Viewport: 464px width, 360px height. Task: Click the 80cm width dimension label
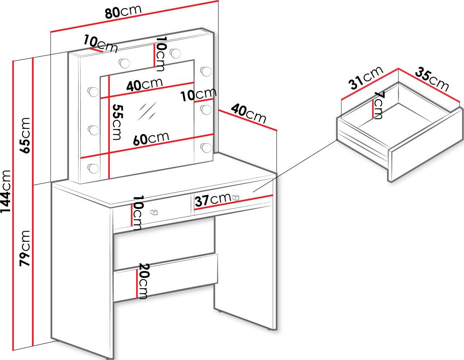[x=123, y=12]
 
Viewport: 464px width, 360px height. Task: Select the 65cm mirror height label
[x=26, y=135]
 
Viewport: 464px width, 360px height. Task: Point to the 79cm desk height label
[x=26, y=247]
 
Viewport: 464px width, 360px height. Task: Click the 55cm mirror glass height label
[x=117, y=122]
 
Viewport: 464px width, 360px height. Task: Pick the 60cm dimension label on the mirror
[x=151, y=138]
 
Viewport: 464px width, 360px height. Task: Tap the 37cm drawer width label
[x=212, y=200]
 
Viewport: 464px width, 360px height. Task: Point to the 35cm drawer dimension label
[x=432, y=80]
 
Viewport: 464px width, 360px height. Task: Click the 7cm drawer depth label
[x=379, y=105]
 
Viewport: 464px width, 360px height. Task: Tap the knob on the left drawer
[x=153, y=212]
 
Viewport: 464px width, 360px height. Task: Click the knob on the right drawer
[x=236, y=197]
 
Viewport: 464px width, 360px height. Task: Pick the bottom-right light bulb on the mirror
[x=206, y=148]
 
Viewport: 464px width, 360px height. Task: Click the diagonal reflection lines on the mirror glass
[x=147, y=111]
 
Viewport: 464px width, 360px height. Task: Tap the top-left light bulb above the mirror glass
[x=124, y=62]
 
